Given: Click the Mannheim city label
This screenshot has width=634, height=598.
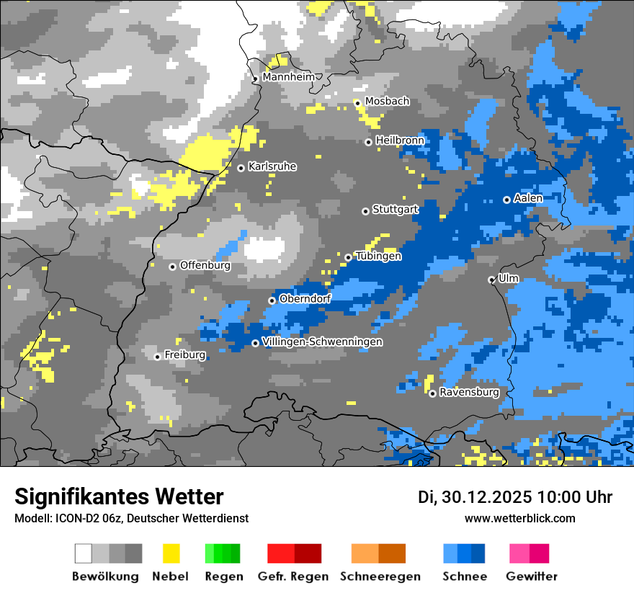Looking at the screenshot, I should [289, 77].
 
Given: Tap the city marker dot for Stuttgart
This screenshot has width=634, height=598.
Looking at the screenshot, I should [365, 211].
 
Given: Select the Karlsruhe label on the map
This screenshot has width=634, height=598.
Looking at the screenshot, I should [272, 166].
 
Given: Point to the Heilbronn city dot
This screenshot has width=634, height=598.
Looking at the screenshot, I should [368, 142].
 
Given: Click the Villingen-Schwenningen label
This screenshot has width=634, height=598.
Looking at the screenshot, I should [323, 342].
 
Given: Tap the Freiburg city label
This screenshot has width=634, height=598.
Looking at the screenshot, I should [184, 355].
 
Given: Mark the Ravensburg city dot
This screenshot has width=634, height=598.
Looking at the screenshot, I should [432, 393].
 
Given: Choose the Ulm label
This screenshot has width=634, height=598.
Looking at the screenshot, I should [509, 279].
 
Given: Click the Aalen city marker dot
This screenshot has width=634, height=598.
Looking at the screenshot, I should [506, 200].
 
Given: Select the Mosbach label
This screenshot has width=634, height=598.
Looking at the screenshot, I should [387, 102].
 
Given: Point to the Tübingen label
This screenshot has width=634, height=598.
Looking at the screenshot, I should [378, 256].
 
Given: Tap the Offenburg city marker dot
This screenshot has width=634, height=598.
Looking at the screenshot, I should [172, 267].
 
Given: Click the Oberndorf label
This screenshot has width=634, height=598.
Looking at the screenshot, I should [305, 298].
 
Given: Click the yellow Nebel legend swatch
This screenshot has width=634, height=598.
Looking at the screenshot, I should [171, 553].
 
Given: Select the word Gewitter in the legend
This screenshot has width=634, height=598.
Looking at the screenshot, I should [532, 576].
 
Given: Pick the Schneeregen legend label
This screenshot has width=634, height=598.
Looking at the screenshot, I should [380, 576].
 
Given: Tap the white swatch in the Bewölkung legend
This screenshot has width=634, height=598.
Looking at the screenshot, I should [84, 553].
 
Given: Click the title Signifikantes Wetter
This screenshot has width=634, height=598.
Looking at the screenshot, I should [119, 497].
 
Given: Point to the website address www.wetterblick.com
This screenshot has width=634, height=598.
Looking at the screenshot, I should [519, 518].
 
